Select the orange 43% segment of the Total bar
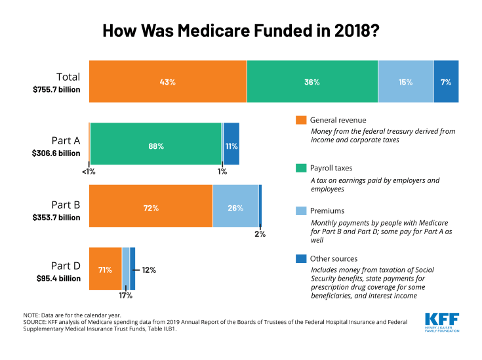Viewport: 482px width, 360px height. pyautogui.click(x=168, y=82)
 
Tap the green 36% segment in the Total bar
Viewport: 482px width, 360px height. pyautogui.click(x=312, y=82)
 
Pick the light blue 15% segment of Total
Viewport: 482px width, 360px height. pyautogui.click(x=405, y=82)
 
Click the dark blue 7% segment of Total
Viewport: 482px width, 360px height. pyautogui.click(x=446, y=82)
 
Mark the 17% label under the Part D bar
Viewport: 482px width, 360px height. pyautogui.click(x=125, y=296)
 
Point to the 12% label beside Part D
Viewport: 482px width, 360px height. pyautogui.click(x=148, y=269)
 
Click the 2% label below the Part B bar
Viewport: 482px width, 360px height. pyautogui.click(x=260, y=234)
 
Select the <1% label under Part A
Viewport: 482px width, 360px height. pyautogui.click(x=89, y=172)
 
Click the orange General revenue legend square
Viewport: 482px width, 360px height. pyautogui.click(x=301, y=120)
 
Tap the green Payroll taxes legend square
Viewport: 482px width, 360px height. pyautogui.click(x=301, y=169)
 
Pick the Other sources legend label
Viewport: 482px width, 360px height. pyautogui.click(x=334, y=258)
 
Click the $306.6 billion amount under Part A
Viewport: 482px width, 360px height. pyautogui.click(x=56, y=153)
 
